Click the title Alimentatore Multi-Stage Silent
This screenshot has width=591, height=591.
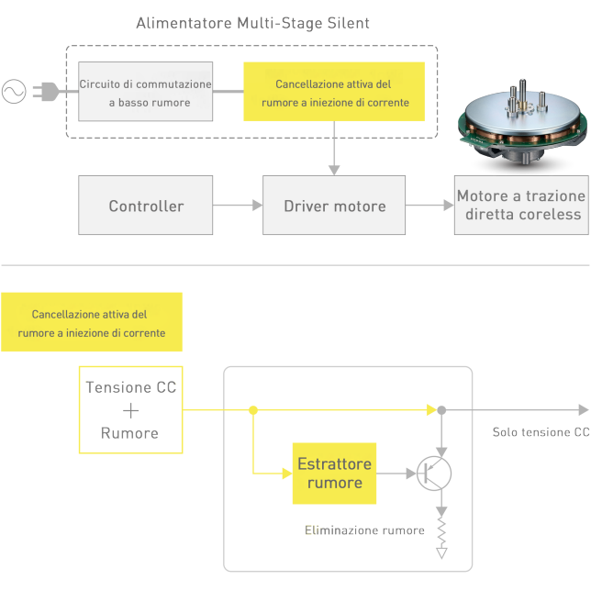(x=252, y=23)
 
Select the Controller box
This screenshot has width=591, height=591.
(x=146, y=206)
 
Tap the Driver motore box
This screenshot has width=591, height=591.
(x=334, y=206)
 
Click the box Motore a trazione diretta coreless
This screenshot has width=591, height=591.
(x=521, y=206)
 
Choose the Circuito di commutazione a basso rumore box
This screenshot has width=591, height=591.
(x=147, y=93)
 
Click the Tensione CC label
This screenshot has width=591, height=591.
(x=131, y=387)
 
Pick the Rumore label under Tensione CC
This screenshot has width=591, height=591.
(x=129, y=433)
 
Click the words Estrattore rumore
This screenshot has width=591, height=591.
(x=334, y=474)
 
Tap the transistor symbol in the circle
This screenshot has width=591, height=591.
(x=432, y=474)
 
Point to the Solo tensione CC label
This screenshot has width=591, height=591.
(x=541, y=432)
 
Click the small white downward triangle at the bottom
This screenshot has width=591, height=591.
(x=442, y=553)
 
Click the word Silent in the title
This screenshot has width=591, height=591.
(x=347, y=23)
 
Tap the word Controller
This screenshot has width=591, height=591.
(x=146, y=206)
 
